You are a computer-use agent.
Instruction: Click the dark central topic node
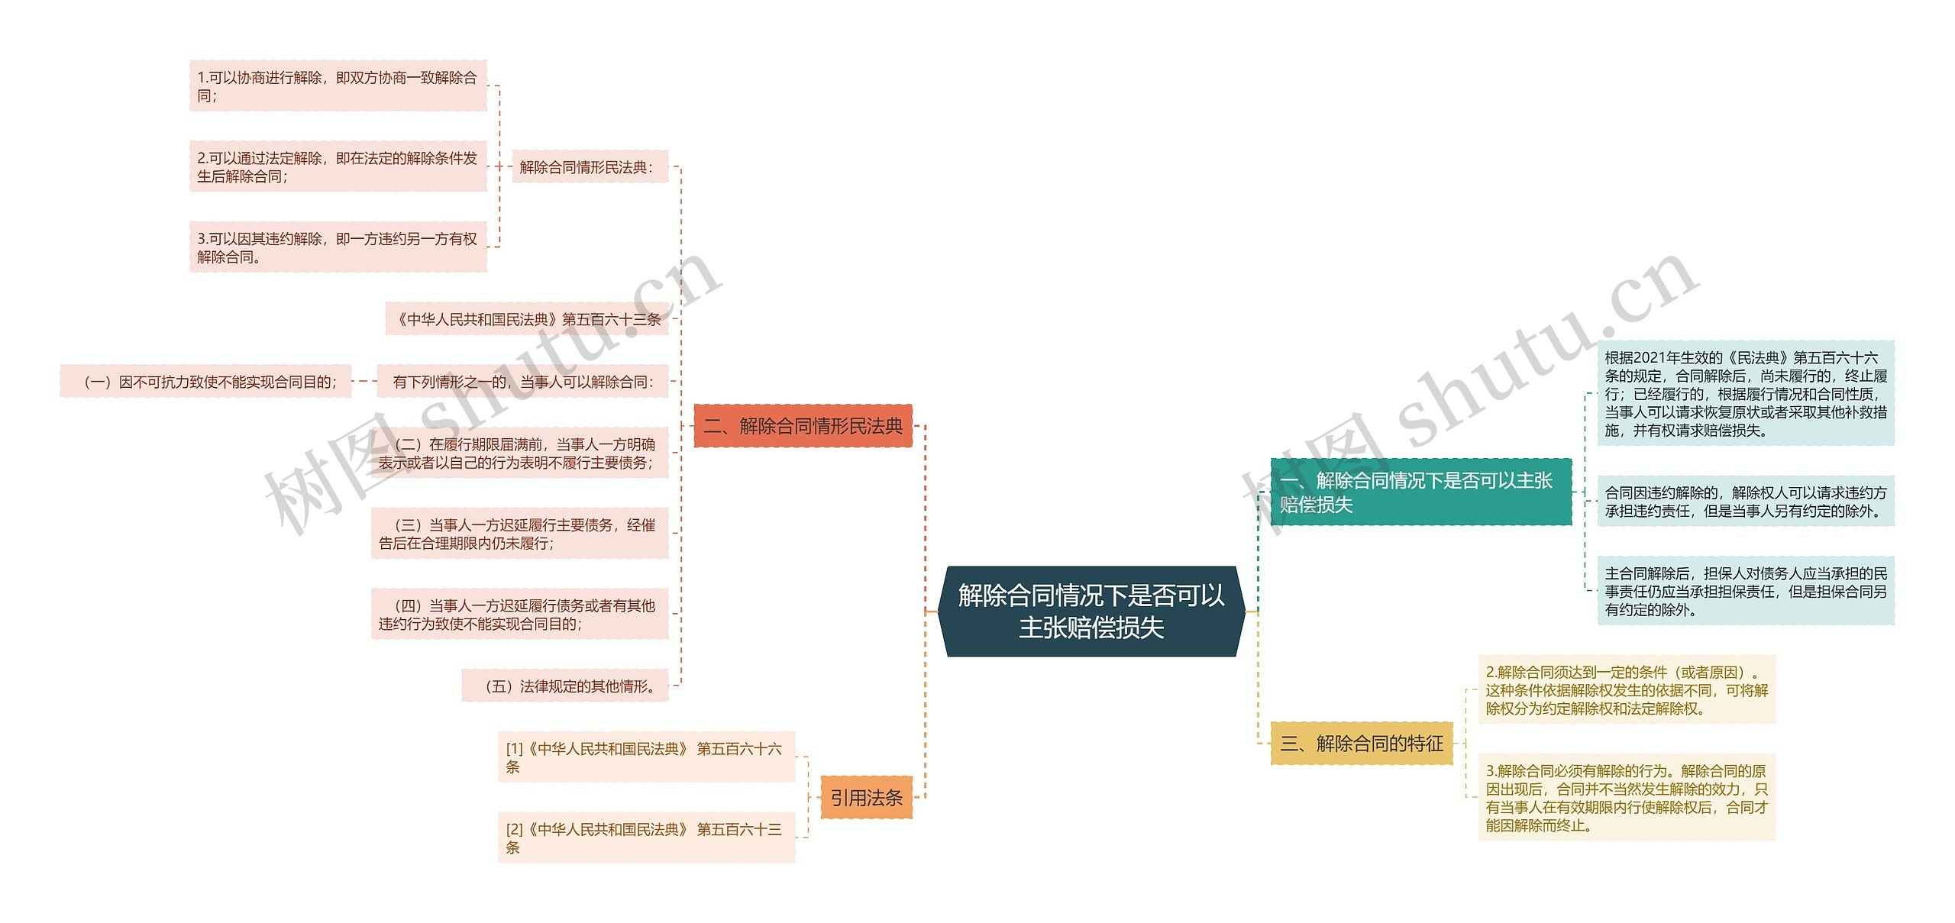1091,611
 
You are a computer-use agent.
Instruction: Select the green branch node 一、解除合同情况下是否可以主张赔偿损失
1420,492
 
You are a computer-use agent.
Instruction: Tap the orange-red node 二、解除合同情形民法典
803,426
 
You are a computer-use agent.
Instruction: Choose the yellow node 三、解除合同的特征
1362,743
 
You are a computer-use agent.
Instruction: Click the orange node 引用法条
866,798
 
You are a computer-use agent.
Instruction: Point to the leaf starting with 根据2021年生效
1745,393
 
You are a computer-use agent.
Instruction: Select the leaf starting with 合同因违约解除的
1745,502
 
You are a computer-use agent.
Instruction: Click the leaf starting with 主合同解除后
1745,591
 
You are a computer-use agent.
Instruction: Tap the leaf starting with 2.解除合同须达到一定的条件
1626,690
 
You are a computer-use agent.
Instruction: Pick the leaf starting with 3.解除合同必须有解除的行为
1626,798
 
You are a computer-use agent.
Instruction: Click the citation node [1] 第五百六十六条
646,757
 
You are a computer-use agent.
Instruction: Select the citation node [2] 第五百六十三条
646,837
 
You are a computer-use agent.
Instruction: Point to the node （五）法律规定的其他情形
565,686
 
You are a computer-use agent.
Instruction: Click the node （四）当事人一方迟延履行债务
519,615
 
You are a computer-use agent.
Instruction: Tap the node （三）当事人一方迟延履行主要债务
519,534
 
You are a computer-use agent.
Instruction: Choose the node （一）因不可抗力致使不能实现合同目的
205,382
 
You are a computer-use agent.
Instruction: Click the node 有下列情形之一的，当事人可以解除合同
522,382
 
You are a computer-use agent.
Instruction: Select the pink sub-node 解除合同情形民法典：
590,167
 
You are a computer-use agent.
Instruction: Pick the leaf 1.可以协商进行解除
338,86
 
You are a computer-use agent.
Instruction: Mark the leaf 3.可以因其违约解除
338,247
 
